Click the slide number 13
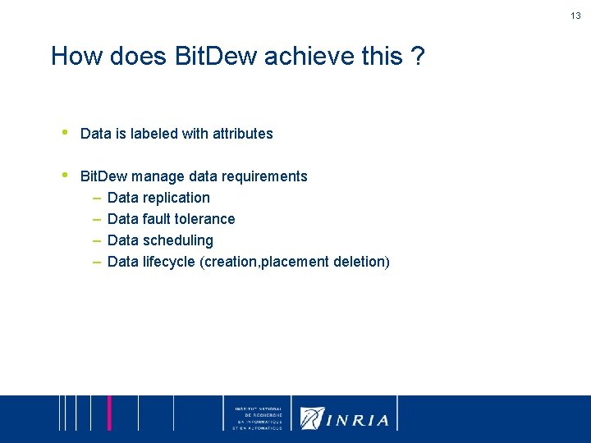pyautogui.click(x=576, y=16)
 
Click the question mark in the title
pyautogui.click(x=417, y=57)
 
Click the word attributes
pyautogui.click(x=241, y=134)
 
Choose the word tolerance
pyautogui.click(x=205, y=219)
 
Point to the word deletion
pyautogui.click(x=359, y=262)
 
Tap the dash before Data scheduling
pyautogui.click(x=96, y=240)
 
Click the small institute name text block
pyautogui.click(x=258, y=418)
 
